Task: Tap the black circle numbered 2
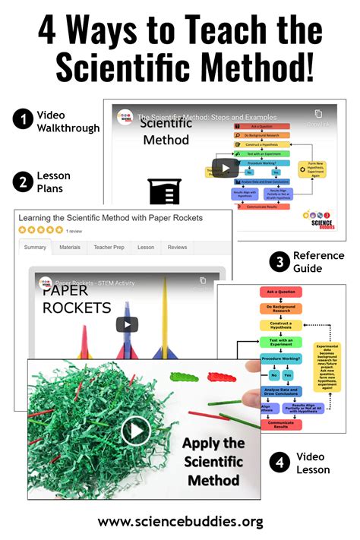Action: pos(22,181)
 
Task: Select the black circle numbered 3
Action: pos(279,262)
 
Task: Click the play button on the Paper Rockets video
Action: pos(126,324)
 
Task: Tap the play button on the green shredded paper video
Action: pos(136,431)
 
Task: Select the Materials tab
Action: pos(70,247)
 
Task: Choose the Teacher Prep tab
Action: pos(108,247)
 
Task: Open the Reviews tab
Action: pos(177,247)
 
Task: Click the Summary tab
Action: pos(35,247)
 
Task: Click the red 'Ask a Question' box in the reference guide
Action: pos(280,292)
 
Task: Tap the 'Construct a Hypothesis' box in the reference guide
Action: pos(280,324)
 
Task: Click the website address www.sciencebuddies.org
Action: pos(180,521)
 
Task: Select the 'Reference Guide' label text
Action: pos(320,262)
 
